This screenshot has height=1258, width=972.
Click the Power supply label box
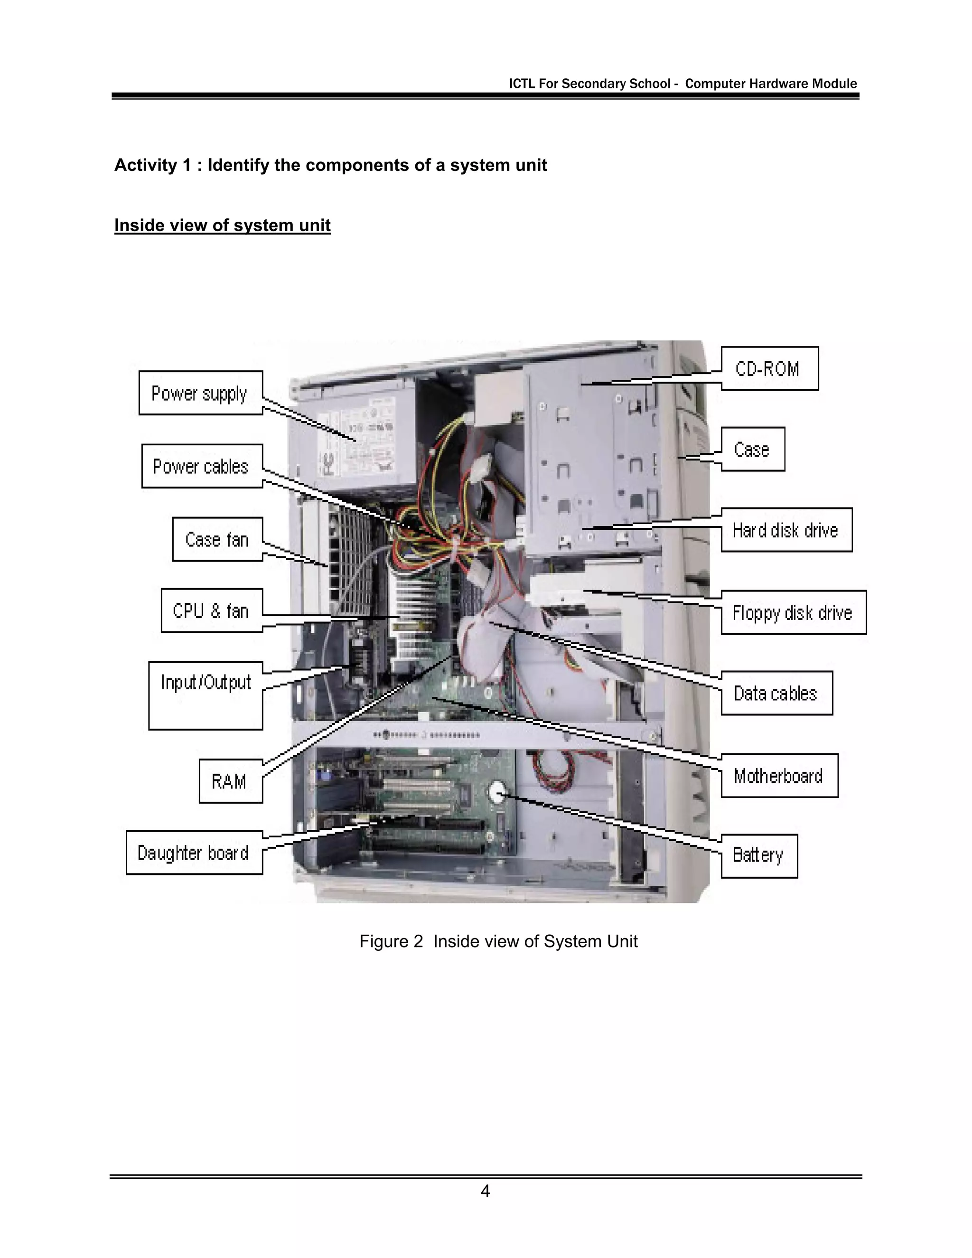click(200, 393)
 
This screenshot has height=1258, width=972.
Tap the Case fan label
click(217, 539)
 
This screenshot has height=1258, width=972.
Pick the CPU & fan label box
click(211, 610)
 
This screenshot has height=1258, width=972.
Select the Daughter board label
click(194, 853)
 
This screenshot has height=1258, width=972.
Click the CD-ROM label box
click(769, 369)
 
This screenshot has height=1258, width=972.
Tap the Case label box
click(752, 449)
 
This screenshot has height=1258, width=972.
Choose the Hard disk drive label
click(786, 530)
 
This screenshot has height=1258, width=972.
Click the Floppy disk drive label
click(793, 612)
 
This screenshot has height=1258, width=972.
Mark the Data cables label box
click(776, 693)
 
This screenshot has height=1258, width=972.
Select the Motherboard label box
click(779, 775)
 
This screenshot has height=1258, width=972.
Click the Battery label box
click(758, 856)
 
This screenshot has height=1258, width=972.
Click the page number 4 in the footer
click(486, 1191)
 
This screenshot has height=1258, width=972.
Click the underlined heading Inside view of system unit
click(222, 225)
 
